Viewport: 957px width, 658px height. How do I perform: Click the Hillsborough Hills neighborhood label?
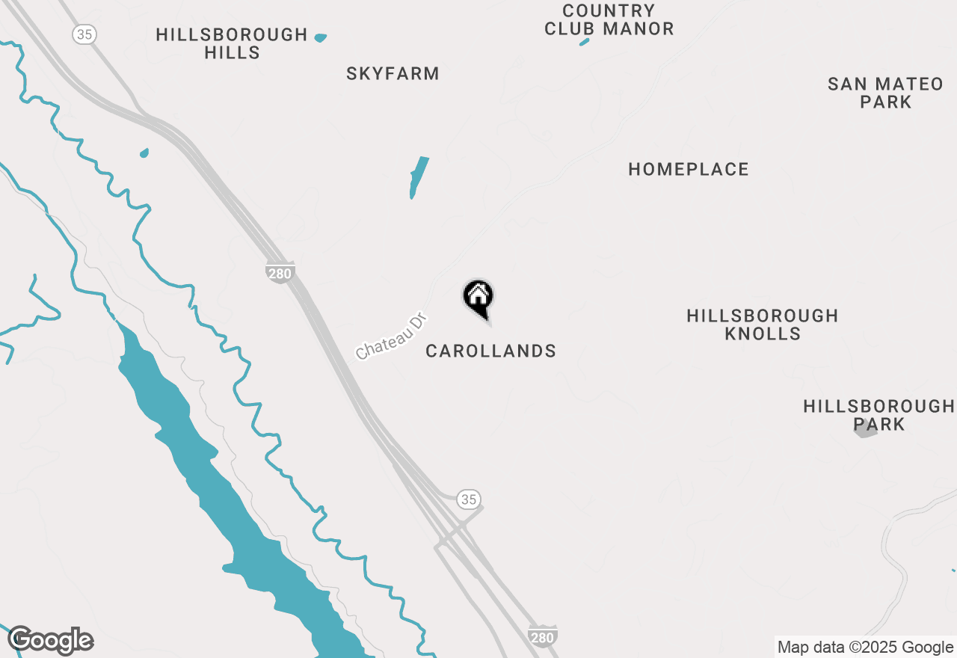[232, 43]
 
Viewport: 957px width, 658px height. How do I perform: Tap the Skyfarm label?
[393, 73]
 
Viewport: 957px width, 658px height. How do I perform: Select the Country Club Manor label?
[609, 20]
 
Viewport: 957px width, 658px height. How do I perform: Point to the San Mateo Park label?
[885, 93]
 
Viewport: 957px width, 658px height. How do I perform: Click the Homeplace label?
[689, 170]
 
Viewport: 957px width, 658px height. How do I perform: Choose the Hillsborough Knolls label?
[763, 325]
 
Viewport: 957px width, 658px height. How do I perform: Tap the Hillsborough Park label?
[879, 415]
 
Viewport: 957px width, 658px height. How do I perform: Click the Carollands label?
[490, 351]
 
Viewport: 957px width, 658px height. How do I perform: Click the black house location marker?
[478, 298]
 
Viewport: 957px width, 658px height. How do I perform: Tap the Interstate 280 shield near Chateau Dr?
[280, 272]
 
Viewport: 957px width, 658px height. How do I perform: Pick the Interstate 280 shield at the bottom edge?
[542, 636]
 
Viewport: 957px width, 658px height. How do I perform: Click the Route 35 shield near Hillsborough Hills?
[85, 34]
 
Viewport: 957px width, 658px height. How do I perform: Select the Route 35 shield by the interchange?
[468, 499]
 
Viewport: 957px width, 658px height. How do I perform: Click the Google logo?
[51, 640]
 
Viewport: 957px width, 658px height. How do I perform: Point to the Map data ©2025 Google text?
[865, 648]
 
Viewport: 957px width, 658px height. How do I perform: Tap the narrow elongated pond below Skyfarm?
[418, 177]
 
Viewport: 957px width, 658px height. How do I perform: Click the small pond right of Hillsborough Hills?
[321, 37]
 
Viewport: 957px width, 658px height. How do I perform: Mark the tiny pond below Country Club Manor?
[585, 42]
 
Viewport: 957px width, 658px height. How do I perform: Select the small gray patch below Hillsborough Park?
[865, 429]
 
